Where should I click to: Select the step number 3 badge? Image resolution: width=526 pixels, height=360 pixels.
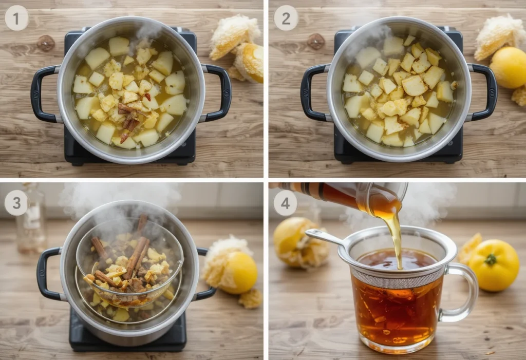click(x=16, y=202)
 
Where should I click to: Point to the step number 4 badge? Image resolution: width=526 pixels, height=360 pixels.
click(x=286, y=202)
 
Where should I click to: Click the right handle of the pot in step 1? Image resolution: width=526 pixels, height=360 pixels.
click(x=221, y=92)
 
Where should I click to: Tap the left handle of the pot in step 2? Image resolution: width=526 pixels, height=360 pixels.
click(x=310, y=92)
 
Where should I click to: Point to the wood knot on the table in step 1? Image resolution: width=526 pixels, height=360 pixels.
click(x=46, y=43)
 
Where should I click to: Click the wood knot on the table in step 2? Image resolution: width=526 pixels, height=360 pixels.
click(x=315, y=41)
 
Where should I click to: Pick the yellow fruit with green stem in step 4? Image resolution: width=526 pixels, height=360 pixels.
click(x=494, y=265)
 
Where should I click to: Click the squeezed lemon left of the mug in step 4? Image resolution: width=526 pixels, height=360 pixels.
click(x=296, y=241)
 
